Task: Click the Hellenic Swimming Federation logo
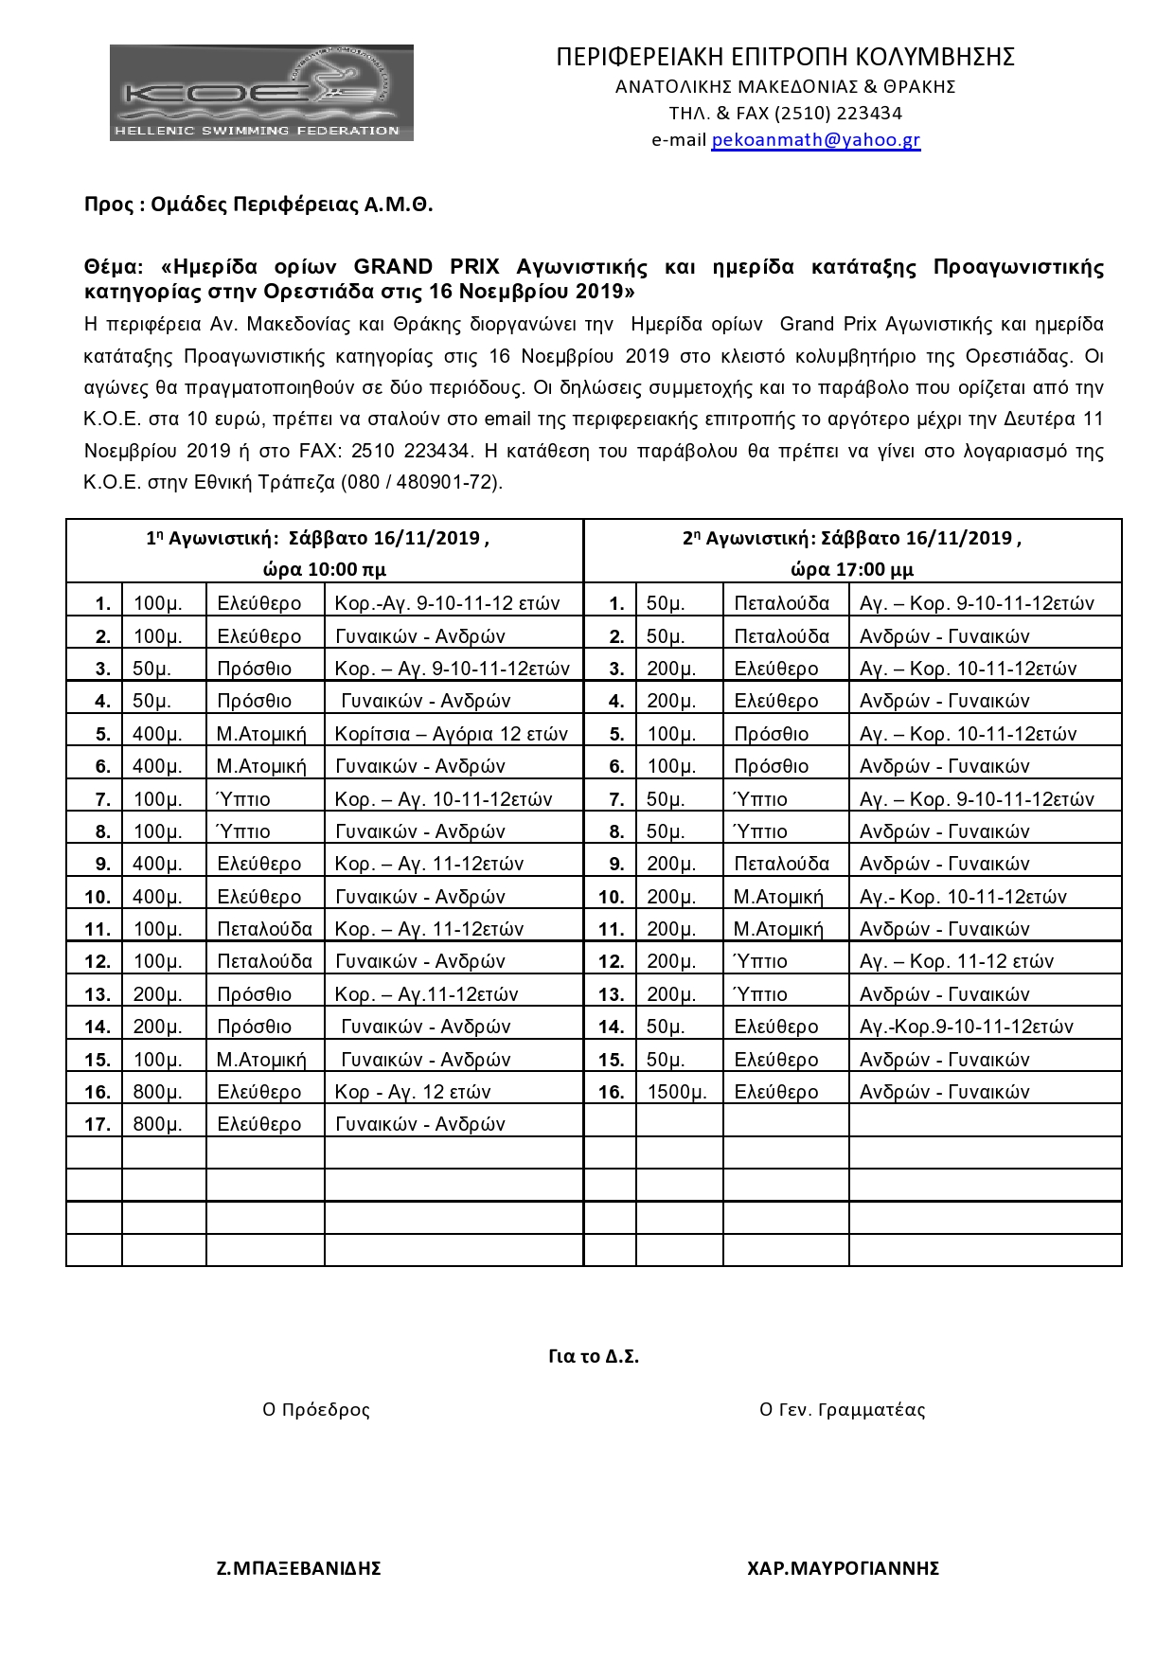coord(261,93)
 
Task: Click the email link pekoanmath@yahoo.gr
coord(815,140)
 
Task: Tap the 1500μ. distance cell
coord(676,1092)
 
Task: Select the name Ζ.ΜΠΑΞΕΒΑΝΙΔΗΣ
coord(298,1568)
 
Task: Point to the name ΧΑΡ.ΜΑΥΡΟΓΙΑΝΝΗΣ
coord(843,1568)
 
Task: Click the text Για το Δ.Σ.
coord(594,1356)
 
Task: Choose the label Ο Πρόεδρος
coord(316,1409)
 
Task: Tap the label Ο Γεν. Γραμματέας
coord(842,1409)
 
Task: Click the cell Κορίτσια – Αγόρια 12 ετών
coord(452,734)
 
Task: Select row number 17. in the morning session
coord(98,1124)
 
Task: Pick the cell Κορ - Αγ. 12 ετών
coord(413,1092)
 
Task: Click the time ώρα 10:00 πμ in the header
coord(324,570)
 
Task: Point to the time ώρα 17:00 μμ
coord(852,570)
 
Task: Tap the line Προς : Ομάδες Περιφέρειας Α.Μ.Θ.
coord(258,205)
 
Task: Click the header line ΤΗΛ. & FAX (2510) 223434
coord(785,114)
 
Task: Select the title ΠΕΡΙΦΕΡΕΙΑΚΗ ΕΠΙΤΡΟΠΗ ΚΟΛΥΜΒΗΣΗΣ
coord(785,57)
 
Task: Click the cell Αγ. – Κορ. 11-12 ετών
coord(956,961)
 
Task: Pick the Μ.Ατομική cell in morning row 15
coord(261,1060)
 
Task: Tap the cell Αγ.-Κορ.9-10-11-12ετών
coord(966,1027)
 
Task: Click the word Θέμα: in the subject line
coord(114,267)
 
